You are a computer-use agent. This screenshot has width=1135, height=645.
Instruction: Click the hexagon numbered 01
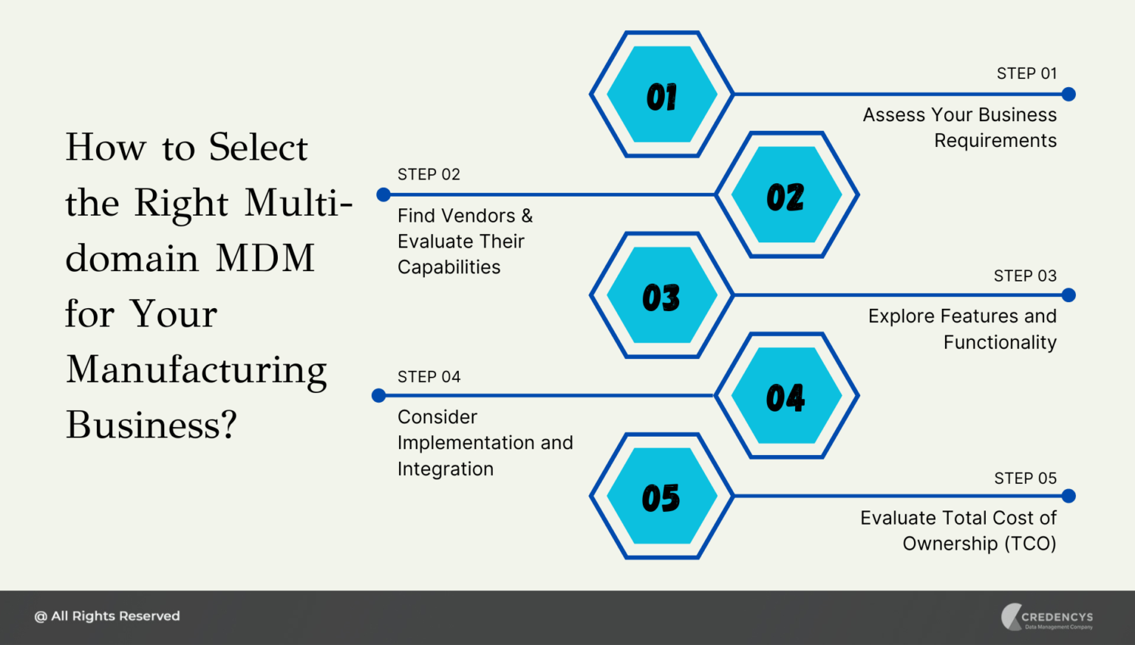[661, 95]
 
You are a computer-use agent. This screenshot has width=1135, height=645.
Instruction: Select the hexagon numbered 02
[786, 195]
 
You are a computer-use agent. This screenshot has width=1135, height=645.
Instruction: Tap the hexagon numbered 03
[661, 296]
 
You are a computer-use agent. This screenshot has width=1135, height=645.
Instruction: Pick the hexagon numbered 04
[786, 396]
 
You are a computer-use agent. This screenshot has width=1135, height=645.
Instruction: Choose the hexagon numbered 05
[661, 496]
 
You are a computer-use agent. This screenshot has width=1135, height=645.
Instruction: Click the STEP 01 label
[1026, 74]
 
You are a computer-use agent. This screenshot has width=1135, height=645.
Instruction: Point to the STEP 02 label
[429, 174]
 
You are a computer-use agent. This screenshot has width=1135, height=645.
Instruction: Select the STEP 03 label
[1025, 276]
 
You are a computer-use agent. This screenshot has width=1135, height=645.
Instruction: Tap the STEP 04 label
[429, 377]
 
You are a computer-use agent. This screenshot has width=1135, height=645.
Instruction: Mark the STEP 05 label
[1025, 479]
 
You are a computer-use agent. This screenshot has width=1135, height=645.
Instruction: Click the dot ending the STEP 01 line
[1068, 95]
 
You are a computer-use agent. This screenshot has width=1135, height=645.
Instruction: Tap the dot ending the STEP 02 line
[384, 195]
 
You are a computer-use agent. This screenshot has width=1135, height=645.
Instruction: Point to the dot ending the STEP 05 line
[1068, 496]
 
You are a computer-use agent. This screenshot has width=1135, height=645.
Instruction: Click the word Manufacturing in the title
[197, 370]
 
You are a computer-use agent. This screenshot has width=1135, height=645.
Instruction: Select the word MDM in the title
[265, 259]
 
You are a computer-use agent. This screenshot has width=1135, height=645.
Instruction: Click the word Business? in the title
[151, 426]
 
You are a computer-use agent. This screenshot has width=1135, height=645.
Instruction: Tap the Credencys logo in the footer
[1047, 618]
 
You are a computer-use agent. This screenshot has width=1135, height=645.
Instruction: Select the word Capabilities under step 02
[449, 267]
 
